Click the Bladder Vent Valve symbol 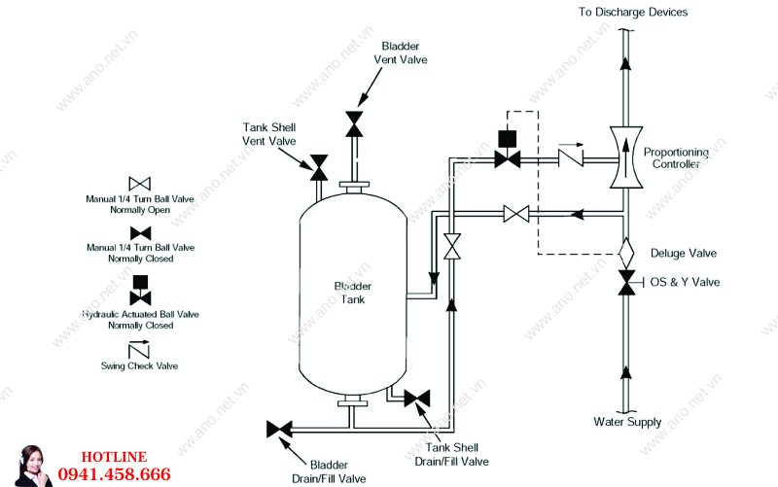point(354,124)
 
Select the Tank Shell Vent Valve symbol point(319,167)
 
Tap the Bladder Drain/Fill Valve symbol point(279,429)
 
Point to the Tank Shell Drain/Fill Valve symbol point(417,399)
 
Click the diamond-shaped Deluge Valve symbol point(626,254)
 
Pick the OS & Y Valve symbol point(626,283)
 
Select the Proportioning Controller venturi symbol point(625,157)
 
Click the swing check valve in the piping point(571,157)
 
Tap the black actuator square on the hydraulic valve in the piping point(507,139)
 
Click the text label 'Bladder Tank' point(353,293)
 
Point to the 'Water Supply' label point(627,422)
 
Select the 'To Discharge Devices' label point(633,12)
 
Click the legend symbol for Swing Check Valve point(139,349)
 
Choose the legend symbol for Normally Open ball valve point(139,184)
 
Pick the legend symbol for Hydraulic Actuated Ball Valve point(140,290)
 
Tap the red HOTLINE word point(114,457)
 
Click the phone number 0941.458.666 point(114,474)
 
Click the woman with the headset point(32,467)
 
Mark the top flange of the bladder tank point(354,186)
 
